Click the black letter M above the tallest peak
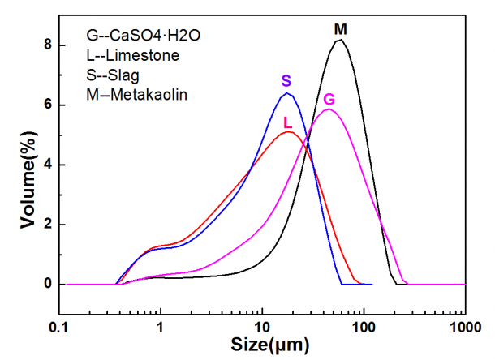[341, 29]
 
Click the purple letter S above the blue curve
[286, 80]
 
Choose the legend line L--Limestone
[133, 56]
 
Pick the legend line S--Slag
[114, 75]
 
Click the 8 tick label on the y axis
[49, 45]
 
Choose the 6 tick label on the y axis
[49, 105]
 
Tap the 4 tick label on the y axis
[49, 165]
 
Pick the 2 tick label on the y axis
[49, 225]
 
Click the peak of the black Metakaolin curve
[341, 40]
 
